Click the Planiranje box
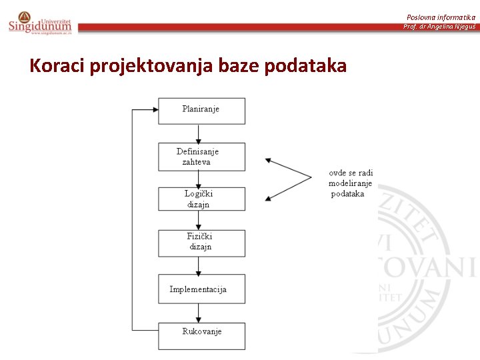pos(201,111)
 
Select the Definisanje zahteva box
pos(201,157)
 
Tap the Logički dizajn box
pos(201,199)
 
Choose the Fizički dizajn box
pos(201,243)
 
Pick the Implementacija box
pos(201,289)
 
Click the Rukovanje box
pos(201,335)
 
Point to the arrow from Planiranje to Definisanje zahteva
pos(199,133)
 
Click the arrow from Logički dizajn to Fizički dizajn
pos(199,221)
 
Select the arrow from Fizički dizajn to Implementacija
pos(199,265)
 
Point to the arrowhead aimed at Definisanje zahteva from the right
pos(269,160)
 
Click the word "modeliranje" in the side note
pos(351,183)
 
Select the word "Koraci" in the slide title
pos(57,66)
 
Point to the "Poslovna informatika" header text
pos(441,17)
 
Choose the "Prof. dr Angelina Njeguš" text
pos(439,26)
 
